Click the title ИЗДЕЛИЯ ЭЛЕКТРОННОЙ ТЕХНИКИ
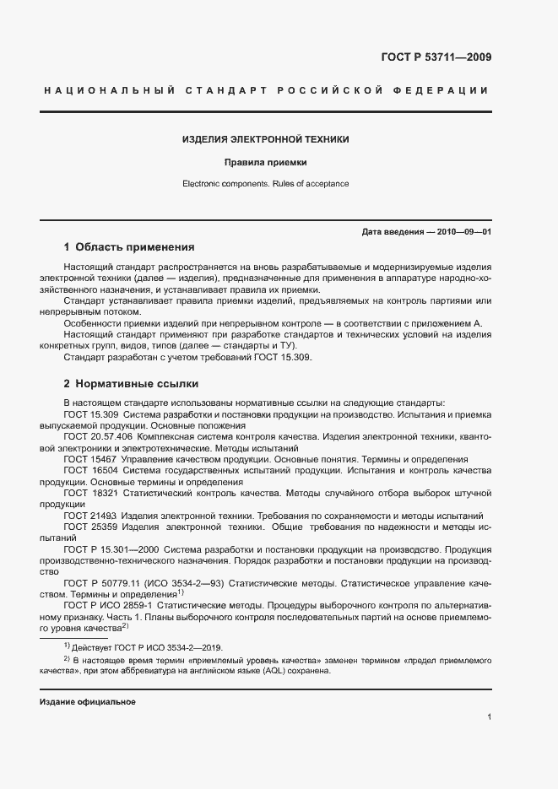click(x=266, y=139)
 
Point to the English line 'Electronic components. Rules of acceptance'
click(x=265, y=183)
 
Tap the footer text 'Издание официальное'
click(x=88, y=702)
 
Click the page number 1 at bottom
click(x=489, y=717)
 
